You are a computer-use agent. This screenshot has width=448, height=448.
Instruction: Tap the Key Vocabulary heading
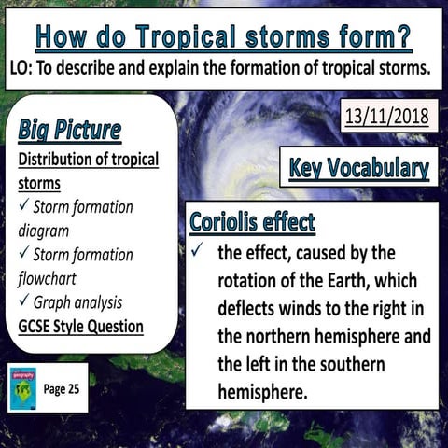point(359,169)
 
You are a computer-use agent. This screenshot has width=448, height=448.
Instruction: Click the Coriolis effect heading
point(252,223)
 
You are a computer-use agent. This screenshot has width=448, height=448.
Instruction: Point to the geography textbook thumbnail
point(22,387)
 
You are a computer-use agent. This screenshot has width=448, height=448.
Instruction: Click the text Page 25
point(63,388)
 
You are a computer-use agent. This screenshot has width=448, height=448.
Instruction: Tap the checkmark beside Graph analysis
point(23,302)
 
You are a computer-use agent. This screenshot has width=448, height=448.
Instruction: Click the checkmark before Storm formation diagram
point(23,206)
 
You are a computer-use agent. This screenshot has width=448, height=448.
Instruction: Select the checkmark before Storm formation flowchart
point(23,255)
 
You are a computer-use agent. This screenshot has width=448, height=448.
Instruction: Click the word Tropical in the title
point(206,36)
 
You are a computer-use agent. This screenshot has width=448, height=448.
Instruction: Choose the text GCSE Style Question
point(80,327)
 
